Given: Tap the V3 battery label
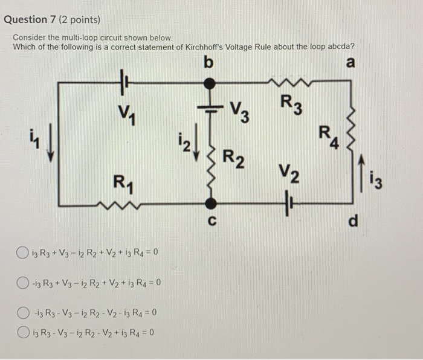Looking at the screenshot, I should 241,112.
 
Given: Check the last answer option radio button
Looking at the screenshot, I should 22,331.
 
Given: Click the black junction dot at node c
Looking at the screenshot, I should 210,203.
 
